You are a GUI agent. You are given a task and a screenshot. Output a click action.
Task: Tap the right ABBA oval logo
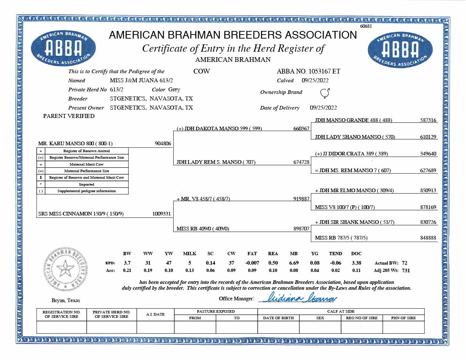point(400,50)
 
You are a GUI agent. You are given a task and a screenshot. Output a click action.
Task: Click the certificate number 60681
point(366,26)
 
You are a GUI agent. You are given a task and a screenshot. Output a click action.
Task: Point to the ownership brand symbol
point(325,93)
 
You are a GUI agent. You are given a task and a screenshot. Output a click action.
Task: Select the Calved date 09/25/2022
point(315,80)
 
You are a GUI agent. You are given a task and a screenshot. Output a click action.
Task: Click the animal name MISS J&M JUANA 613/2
point(141,80)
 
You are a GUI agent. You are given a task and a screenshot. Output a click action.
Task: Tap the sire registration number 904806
point(163,143)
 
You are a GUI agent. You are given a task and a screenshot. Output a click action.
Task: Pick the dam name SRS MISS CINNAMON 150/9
point(81,214)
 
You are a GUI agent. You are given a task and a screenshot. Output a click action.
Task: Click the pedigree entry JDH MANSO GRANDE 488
point(353,120)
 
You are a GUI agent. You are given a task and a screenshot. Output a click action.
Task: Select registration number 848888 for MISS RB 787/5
point(428,238)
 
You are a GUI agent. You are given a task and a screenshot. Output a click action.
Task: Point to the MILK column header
point(189,254)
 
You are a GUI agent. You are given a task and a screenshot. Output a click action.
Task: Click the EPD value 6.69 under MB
point(294,263)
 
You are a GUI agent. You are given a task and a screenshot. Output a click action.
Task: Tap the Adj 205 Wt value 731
point(406,270)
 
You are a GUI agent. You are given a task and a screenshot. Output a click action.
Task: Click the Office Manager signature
point(298,298)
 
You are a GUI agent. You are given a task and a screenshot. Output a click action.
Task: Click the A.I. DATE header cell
point(155,314)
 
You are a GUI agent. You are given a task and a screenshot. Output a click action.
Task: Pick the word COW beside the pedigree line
point(201,71)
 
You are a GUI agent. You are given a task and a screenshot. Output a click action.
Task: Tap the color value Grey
point(174,90)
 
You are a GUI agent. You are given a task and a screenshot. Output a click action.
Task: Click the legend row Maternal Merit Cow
point(87,164)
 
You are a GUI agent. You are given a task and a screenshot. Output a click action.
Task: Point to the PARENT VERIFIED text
point(69,116)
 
